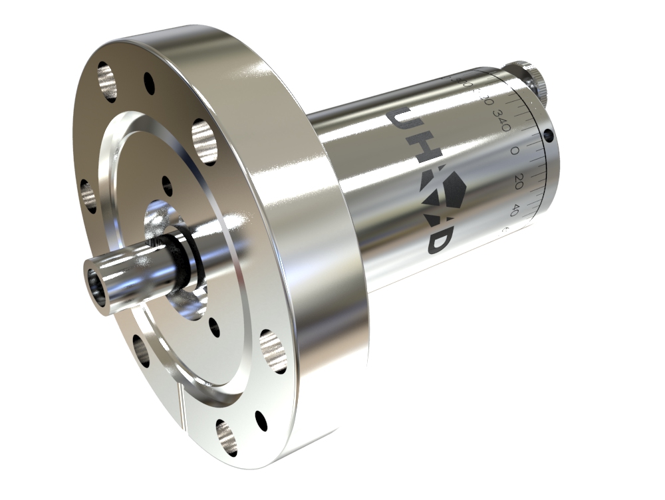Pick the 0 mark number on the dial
pos(514,151)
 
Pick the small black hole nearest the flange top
pos(149,82)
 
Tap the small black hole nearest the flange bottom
pos(261,420)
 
